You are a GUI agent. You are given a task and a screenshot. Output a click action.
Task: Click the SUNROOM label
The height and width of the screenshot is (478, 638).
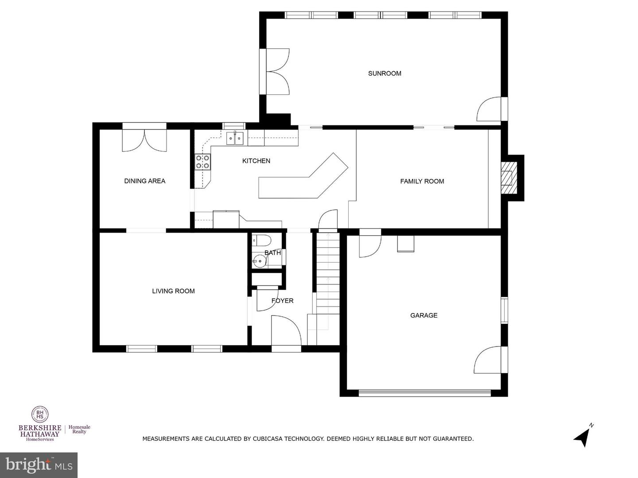[x=385, y=73]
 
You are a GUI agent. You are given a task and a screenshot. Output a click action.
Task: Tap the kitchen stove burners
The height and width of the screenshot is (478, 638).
[x=202, y=162]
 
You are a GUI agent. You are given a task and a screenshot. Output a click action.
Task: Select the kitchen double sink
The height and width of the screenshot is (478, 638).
[x=235, y=138]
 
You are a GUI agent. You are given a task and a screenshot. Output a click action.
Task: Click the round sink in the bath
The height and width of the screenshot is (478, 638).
[x=259, y=260]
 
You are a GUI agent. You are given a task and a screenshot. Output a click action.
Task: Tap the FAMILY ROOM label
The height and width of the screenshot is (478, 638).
[x=422, y=181]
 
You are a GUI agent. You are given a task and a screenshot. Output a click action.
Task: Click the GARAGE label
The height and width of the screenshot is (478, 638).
[x=424, y=315]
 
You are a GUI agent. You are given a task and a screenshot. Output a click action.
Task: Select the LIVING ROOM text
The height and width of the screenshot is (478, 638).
[x=174, y=291]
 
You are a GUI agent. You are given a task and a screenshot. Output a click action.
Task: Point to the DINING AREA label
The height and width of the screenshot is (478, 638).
[x=145, y=181]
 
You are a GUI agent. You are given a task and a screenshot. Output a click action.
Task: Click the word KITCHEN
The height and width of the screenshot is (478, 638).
[x=256, y=161]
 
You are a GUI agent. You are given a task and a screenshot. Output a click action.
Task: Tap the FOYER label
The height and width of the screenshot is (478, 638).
[x=282, y=301]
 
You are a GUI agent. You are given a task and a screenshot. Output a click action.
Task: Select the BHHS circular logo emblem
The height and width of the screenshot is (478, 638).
[x=40, y=414]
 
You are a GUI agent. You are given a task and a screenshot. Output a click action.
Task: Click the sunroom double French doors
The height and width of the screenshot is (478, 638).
[x=278, y=71]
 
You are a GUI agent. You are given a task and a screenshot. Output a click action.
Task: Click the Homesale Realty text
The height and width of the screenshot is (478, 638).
[x=79, y=429]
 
